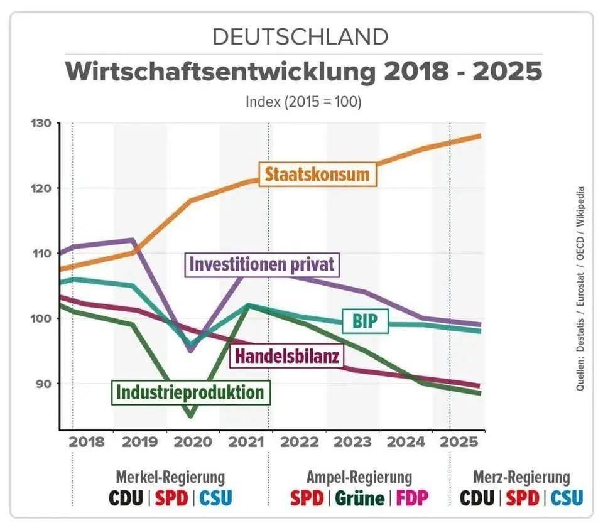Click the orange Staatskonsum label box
pyautogui.click(x=317, y=173)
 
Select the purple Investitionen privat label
pyautogui.click(x=261, y=264)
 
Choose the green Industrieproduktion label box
pyautogui.click(x=189, y=392)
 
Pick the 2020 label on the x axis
pyautogui.click(x=193, y=441)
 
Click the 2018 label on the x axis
pyautogui.click(x=87, y=441)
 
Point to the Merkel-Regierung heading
pyautogui.click(x=170, y=477)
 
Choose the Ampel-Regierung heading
pyautogui.click(x=359, y=477)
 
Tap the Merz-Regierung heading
pyautogui.click(x=521, y=477)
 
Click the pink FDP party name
pyautogui.click(x=412, y=498)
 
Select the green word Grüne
pyautogui.click(x=359, y=498)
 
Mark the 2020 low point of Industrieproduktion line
pyautogui.click(x=190, y=416)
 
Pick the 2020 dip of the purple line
pyautogui.click(x=190, y=350)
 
